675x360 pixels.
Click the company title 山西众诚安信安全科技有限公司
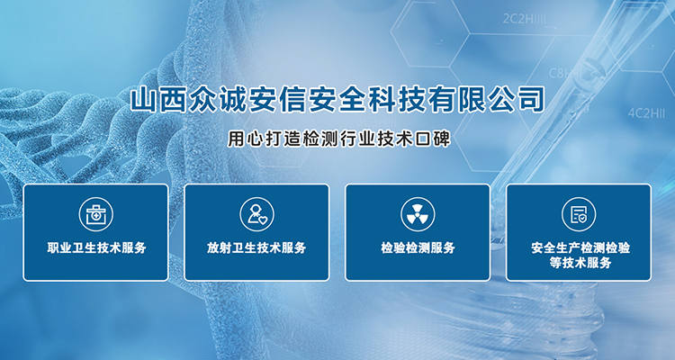tap(337, 100)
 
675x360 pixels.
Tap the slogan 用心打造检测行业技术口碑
tap(339, 139)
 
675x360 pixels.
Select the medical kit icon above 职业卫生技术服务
tap(96, 214)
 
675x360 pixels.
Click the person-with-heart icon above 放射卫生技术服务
tap(257, 214)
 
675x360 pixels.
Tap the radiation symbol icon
tap(418, 214)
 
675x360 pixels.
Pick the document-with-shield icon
tap(579, 214)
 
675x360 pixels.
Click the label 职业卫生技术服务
tap(96, 248)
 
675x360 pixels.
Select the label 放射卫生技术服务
tap(256, 248)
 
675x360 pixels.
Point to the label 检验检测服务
tap(418, 248)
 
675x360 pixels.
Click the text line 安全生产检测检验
tap(580, 248)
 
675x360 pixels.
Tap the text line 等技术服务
tap(580, 262)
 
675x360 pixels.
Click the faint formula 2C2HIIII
tap(524, 19)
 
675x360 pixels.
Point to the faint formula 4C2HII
tap(646, 113)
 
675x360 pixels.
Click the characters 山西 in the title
tap(159, 100)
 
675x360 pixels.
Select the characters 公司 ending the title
tap(517, 100)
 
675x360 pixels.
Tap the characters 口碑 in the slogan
tap(432, 139)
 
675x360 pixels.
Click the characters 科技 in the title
tap(397, 100)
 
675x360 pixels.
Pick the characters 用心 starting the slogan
tap(247, 139)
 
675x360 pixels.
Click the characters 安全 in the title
tap(337, 100)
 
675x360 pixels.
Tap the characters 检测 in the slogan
tap(320, 139)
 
